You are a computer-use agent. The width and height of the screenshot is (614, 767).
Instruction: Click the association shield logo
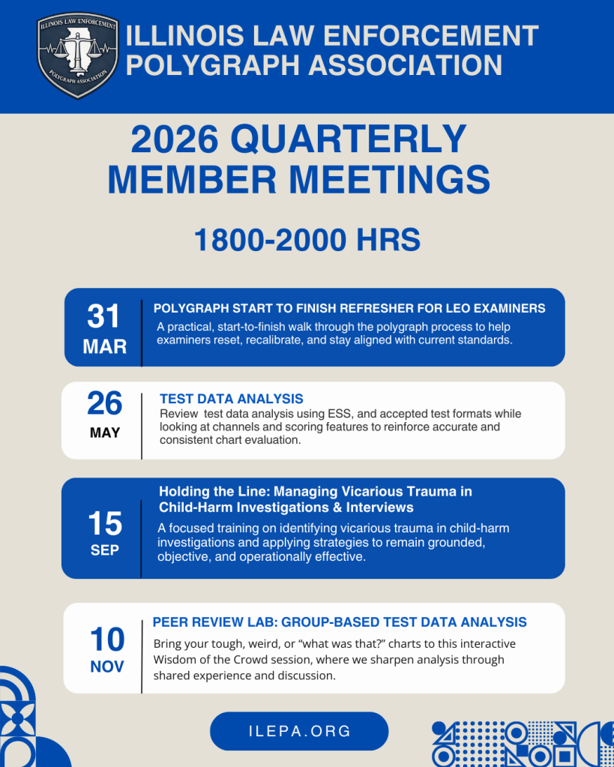click(78, 55)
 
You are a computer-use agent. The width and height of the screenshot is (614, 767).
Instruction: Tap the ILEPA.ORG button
click(299, 731)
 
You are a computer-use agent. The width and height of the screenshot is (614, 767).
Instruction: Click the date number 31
click(103, 316)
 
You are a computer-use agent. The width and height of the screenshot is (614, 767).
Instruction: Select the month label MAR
click(104, 346)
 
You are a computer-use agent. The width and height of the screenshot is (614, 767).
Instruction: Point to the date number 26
click(104, 404)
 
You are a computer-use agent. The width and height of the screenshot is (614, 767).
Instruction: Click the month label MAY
click(104, 433)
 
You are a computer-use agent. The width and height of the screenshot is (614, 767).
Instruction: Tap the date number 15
click(104, 523)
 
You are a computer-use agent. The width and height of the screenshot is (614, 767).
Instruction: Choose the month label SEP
click(104, 550)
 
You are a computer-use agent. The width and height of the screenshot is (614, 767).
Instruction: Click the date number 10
click(106, 640)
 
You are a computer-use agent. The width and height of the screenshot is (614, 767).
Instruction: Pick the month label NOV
click(106, 667)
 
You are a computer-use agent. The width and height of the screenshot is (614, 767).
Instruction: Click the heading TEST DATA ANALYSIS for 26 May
click(231, 399)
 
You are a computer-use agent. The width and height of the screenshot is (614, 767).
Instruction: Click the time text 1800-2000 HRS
click(307, 240)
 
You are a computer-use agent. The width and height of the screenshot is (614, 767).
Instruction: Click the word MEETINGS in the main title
click(389, 180)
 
